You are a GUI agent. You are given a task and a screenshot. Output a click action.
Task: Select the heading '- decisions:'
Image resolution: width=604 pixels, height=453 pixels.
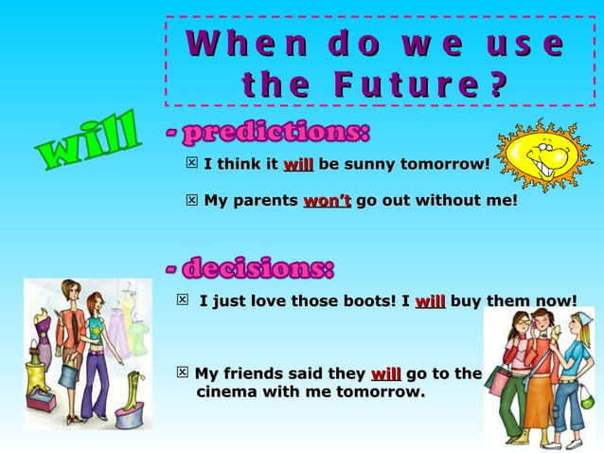click(250, 268)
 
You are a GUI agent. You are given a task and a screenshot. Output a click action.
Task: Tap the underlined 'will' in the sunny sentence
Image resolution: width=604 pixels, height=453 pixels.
click(298, 165)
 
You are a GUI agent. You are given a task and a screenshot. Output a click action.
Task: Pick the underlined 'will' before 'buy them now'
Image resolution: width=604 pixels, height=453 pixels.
click(430, 302)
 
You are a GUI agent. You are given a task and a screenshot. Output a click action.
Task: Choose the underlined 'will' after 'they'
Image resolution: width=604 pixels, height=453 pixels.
click(385, 373)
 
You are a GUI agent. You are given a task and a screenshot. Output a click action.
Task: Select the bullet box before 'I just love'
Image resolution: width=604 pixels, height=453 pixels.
click(183, 301)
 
